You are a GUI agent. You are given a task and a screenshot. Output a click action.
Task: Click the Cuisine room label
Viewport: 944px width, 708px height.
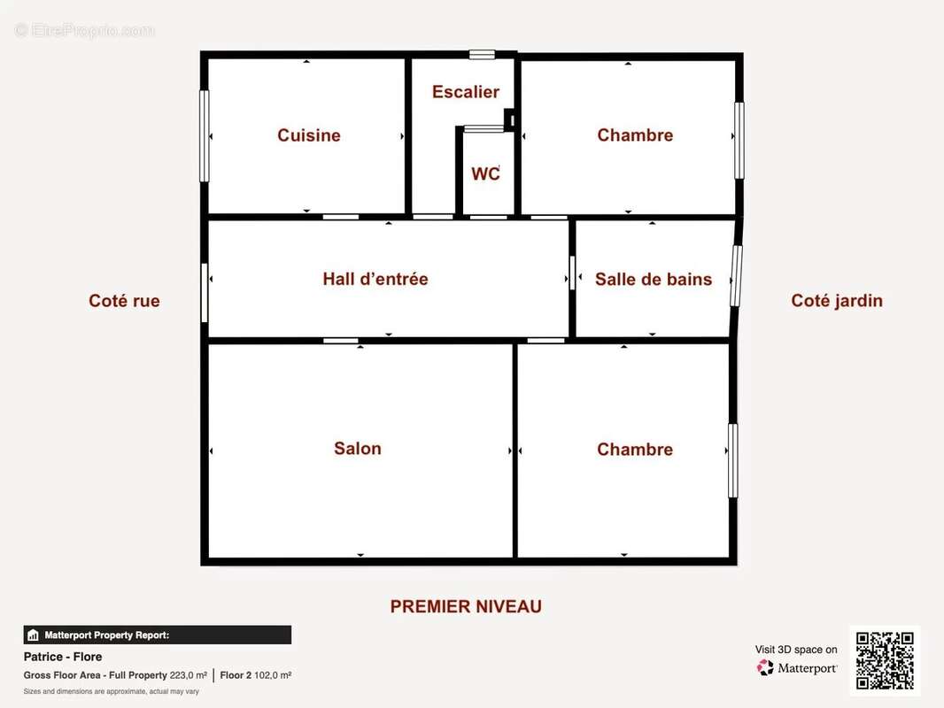coord(309,135)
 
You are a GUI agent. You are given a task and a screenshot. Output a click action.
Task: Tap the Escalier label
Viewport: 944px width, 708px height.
coord(466,92)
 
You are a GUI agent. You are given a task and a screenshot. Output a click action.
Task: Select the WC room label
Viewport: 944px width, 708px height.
coord(485,173)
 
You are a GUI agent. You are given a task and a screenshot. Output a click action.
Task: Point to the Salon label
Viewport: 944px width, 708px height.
coord(358,449)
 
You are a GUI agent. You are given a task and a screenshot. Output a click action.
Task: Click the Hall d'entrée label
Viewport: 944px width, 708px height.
coord(375,279)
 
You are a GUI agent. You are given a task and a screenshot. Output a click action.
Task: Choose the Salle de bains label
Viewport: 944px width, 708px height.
coord(654,279)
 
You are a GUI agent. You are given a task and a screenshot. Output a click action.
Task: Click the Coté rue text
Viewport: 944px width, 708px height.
coord(124,301)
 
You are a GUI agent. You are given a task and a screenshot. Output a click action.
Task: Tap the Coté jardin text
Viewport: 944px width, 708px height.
coord(837,301)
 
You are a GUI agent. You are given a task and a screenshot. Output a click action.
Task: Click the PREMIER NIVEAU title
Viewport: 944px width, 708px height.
coord(466,606)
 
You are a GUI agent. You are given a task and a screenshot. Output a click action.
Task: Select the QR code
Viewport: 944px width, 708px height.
coord(885,660)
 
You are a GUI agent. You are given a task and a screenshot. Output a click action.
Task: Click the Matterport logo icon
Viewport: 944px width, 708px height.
coord(765,667)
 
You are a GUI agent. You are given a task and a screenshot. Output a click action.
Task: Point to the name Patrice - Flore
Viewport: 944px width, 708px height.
coord(63,657)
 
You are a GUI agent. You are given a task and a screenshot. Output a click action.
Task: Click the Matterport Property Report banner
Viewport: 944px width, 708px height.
coord(157,635)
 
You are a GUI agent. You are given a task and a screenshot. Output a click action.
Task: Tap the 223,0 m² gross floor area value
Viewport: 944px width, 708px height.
coord(189,675)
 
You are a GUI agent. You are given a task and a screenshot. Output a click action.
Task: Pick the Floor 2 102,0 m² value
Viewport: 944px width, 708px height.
coord(256,675)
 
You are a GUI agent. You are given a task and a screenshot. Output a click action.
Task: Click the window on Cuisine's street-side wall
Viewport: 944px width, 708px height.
coord(204,136)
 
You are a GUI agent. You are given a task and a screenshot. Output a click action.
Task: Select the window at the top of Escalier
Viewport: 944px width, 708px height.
coord(483,55)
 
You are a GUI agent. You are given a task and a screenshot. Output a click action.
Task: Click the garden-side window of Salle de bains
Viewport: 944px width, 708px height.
coord(736,275)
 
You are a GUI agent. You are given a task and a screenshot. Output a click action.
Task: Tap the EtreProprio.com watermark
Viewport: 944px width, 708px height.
coord(84,30)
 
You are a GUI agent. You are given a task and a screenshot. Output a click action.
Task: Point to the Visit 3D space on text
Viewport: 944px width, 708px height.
coord(796,650)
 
